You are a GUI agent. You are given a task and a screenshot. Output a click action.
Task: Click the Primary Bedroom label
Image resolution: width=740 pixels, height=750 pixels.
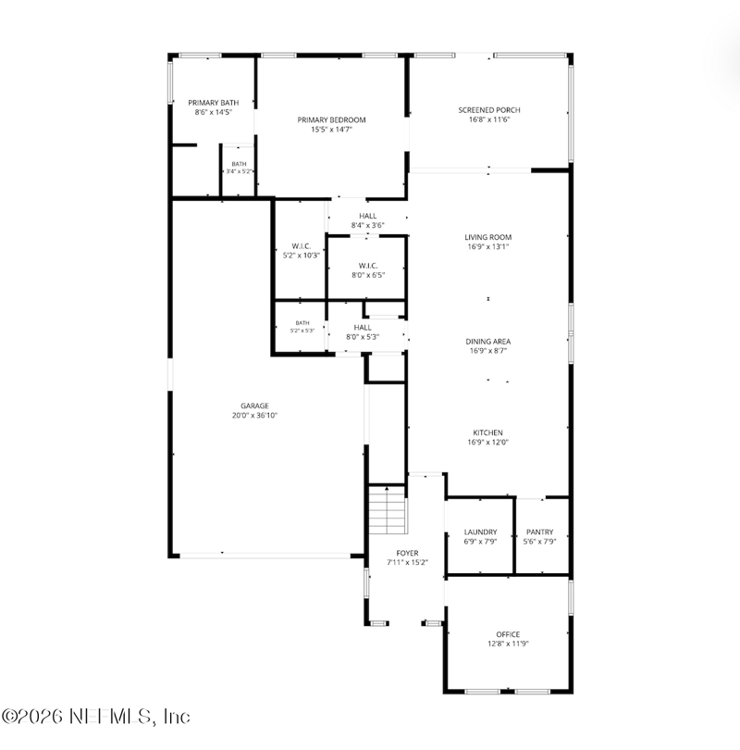point(331,120)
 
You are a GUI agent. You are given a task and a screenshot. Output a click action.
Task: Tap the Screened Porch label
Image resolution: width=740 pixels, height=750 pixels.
point(489,110)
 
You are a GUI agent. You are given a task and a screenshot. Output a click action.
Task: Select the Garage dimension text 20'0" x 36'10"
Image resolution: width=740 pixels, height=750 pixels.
point(254,415)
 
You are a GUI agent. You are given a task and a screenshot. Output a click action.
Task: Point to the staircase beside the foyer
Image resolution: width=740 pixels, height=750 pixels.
point(388,509)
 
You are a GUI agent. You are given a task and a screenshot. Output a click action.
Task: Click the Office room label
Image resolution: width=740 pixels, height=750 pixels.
point(508,634)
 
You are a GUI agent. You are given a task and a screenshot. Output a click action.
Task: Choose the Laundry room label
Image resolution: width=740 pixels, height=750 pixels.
point(481,531)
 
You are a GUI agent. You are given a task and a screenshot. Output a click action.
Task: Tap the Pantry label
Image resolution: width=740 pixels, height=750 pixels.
point(540,531)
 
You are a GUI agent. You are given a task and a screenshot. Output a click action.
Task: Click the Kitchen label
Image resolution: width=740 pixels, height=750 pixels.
point(487,432)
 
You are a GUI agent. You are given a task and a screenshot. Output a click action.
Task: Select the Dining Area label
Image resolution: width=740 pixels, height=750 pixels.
point(488,342)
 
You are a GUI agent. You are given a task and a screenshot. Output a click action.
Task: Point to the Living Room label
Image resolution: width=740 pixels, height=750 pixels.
point(488,237)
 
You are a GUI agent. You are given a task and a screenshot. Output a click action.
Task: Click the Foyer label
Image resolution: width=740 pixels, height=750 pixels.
point(408,553)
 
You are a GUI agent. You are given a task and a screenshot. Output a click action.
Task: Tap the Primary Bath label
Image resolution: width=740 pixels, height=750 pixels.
point(214,103)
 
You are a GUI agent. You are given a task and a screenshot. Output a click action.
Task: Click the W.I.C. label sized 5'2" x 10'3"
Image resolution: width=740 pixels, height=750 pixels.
point(302,246)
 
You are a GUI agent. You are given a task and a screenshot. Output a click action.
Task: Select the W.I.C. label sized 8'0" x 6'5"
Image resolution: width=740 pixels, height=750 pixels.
point(368,266)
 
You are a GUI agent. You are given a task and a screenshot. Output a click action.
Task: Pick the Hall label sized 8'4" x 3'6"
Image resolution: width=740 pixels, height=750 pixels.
point(368,216)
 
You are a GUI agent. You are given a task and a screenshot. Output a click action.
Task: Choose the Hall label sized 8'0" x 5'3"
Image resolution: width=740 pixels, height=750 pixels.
point(363,328)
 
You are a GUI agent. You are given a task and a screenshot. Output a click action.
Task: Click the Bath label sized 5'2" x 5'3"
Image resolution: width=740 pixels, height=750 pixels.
point(302,323)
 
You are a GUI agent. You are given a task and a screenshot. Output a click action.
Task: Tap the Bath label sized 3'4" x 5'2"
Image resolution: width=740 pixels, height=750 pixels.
point(239,164)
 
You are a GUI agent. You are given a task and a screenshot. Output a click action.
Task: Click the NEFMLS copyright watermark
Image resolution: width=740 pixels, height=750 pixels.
point(95,717)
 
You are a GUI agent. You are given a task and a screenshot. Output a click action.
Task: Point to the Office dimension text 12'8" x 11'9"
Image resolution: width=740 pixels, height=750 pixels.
point(508,644)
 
